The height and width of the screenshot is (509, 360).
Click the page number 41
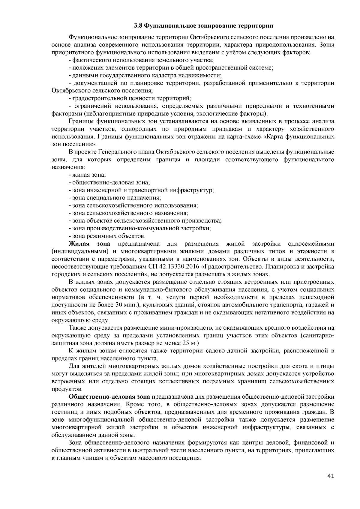[331, 476]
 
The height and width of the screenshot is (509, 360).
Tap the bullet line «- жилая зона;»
[87, 174]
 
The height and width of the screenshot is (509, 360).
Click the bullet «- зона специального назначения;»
[115, 198]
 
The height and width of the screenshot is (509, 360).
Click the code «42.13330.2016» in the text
[174, 267]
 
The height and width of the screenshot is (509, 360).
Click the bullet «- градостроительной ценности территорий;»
[130, 98]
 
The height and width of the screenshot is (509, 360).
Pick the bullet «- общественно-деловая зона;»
[109, 182]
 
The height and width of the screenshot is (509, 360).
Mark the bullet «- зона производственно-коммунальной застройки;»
[139, 228]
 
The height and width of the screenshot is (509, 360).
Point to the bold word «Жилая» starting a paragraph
[78, 244]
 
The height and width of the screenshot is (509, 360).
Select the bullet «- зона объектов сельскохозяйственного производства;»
[145, 221]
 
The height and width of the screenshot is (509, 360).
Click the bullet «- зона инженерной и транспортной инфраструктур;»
[141, 190]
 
